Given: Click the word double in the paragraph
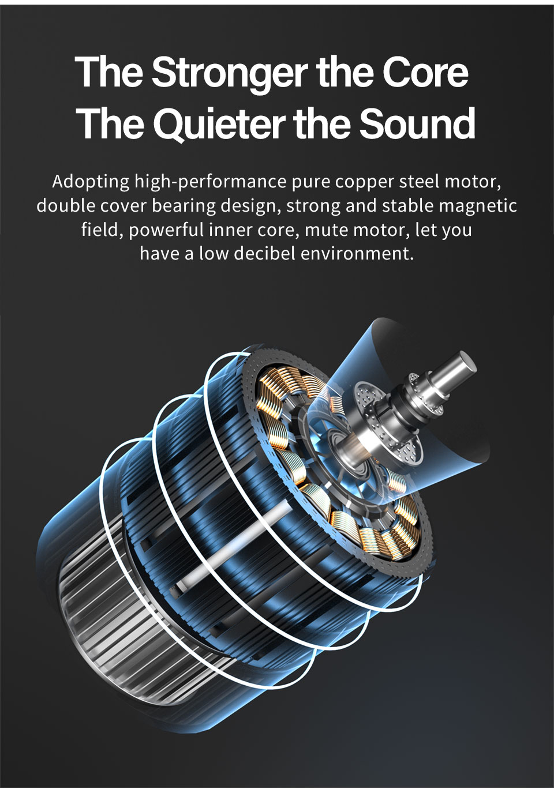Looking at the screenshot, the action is [x=66, y=206].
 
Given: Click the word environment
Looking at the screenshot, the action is [x=357, y=254].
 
